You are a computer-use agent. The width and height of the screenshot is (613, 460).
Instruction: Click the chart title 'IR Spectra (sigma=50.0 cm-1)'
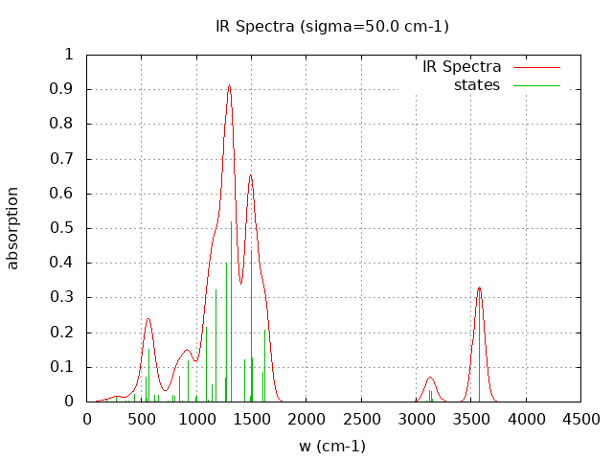(332, 26)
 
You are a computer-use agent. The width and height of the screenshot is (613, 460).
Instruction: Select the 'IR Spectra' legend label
(462, 67)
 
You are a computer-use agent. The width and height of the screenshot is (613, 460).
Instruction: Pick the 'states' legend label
(477, 85)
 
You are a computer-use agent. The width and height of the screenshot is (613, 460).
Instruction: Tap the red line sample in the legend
(536, 67)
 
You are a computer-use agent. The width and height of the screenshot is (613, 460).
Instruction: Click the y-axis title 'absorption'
(13, 228)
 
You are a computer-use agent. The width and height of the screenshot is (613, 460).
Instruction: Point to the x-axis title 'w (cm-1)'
(332, 446)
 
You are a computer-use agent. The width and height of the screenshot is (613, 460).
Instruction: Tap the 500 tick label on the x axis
(142, 419)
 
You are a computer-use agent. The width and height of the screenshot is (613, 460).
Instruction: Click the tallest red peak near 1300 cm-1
(229, 85)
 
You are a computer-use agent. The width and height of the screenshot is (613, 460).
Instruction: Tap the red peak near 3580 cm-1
(480, 287)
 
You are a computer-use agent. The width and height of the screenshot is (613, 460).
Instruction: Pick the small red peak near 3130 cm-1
(430, 378)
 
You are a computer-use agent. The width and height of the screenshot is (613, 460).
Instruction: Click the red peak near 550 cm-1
(148, 318)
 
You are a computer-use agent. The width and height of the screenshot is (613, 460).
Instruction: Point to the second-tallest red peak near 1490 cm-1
(250, 175)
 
